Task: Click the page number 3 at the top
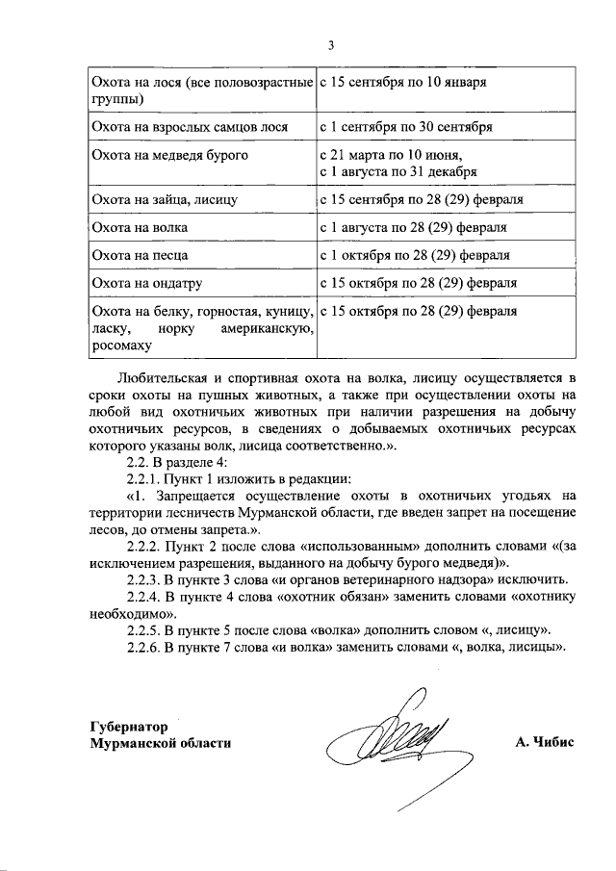pyautogui.click(x=330, y=44)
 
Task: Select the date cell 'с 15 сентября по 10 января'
pyautogui.click(x=402, y=82)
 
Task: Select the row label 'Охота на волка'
pyautogui.click(x=139, y=228)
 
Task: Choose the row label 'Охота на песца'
pyautogui.click(x=139, y=256)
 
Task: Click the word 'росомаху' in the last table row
pyautogui.click(x=120, y=346)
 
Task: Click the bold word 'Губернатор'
pyautogui.click(x=127, y=727)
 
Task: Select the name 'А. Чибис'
pyautogui.click(x=544, y=744)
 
